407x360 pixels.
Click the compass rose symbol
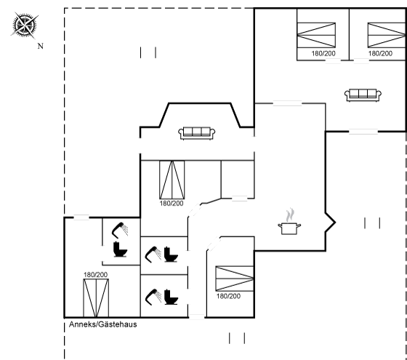pyautogui.click(x=25, y=25)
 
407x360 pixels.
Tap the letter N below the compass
pyautogui.click(x=40, y=47)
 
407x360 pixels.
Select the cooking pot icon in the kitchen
pyautogui.click(x=289, y=228)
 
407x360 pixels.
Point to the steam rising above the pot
pyautogui.click(x=290, y=215)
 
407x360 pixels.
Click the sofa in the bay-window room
pyautogui.click(x=196, y=133)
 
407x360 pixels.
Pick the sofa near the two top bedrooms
pyautogui.click(x=363, y=95)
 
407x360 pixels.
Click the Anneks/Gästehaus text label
pyautogui.click(x=102, y=324)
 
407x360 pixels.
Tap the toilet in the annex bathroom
pyautogui.click(x=121, y=249)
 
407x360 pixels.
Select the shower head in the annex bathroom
pyautogui.click(x=120, y=229)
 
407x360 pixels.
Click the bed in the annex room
pyautogui.click(x=96, y=298)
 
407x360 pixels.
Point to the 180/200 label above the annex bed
pyautogui.click(x=95, y=275)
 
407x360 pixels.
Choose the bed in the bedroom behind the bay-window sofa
pyautogui.click(x=172, y=180)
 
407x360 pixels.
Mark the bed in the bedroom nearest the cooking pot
pyautogui.click(x=234, y=279)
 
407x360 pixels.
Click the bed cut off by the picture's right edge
pyautogui.click(x=387, y=35)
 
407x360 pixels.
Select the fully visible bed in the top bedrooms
pyautogui.click(x=316, y=35)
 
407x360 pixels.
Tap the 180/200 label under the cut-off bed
pyautogui.click(x=380, y=54)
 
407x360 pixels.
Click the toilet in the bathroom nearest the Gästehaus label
pyautogui.click(x=171, y=297)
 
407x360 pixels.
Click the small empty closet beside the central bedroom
pyautogui.click(x=238, y=180)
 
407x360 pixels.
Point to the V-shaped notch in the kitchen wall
pyautogui.click(x=331, y=223)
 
